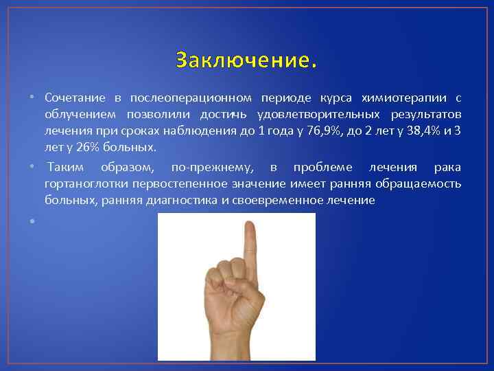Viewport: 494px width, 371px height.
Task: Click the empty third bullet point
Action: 32,221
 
